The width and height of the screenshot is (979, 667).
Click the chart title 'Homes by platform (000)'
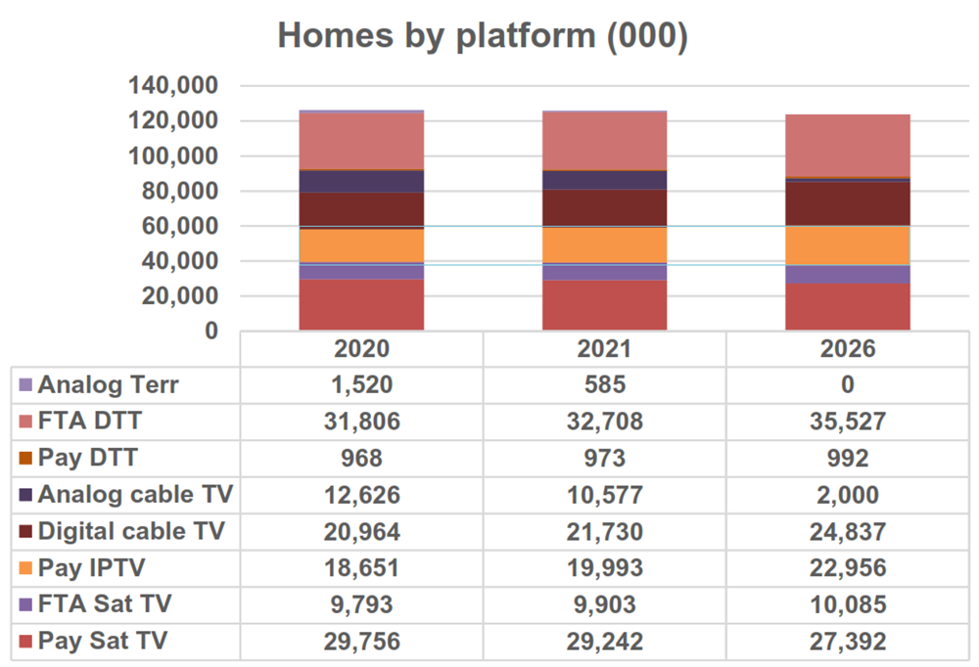click(483, 35)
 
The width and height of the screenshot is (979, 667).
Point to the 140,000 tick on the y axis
click(173, 86)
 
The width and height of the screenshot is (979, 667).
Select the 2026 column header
click(848, 349)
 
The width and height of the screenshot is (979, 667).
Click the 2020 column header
click(361, 349)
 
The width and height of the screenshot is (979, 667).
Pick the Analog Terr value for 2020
click(361, 384)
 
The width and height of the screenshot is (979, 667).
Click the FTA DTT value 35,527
click(848, 422)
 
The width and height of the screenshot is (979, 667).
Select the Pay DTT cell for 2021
click(605, 458)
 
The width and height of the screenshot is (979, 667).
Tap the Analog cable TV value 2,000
click(848, 495)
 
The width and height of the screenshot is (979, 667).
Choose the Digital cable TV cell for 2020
click(361, 531)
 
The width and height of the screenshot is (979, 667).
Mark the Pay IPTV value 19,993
click(605, 568)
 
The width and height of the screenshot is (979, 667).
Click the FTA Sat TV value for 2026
click(848, 605)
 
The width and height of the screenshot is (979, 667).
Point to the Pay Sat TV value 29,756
click(361, 642)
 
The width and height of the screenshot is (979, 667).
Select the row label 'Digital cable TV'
click(131, 531)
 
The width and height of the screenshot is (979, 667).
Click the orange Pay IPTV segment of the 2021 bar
click(605, 245)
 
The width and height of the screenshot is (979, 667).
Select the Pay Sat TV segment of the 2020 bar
click(361, 305)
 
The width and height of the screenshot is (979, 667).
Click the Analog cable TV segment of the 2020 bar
click(361, 181)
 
